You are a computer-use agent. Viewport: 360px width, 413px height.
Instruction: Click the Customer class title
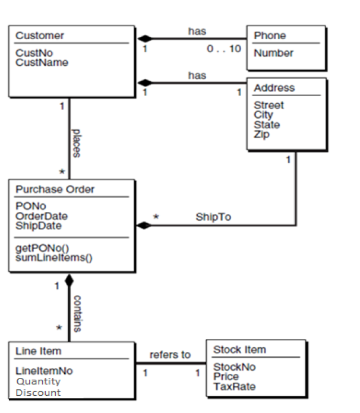[x=40, y=36]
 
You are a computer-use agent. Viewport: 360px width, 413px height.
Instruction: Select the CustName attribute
[x=42, y=62]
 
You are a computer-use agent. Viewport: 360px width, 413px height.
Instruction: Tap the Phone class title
[x=270, y=36]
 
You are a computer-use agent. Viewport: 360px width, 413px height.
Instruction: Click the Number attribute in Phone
[x=273, y=53]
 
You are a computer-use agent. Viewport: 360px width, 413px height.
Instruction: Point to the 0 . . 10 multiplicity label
[x=224, y=48]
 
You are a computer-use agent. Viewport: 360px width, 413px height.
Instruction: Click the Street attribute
[x=269, y=105]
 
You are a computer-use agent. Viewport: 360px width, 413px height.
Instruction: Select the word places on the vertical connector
[x=76, y=142]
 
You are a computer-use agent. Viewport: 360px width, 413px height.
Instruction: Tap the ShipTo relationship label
[x=213, y=217]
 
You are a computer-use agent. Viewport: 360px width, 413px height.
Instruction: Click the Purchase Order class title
[x=55, y=189]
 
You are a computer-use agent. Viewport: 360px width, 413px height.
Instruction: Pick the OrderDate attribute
[x=42, y=216]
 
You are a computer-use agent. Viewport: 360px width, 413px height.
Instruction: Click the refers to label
[x=170, y=355]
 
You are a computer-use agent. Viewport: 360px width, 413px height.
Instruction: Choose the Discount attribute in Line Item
[x=38, y=392]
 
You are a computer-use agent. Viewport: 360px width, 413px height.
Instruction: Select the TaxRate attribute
[x=234, y=386]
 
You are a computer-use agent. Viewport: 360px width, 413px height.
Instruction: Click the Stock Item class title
[x=239, y=349]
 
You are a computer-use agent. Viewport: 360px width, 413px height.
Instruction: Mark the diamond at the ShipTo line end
[x=144, y=225]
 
